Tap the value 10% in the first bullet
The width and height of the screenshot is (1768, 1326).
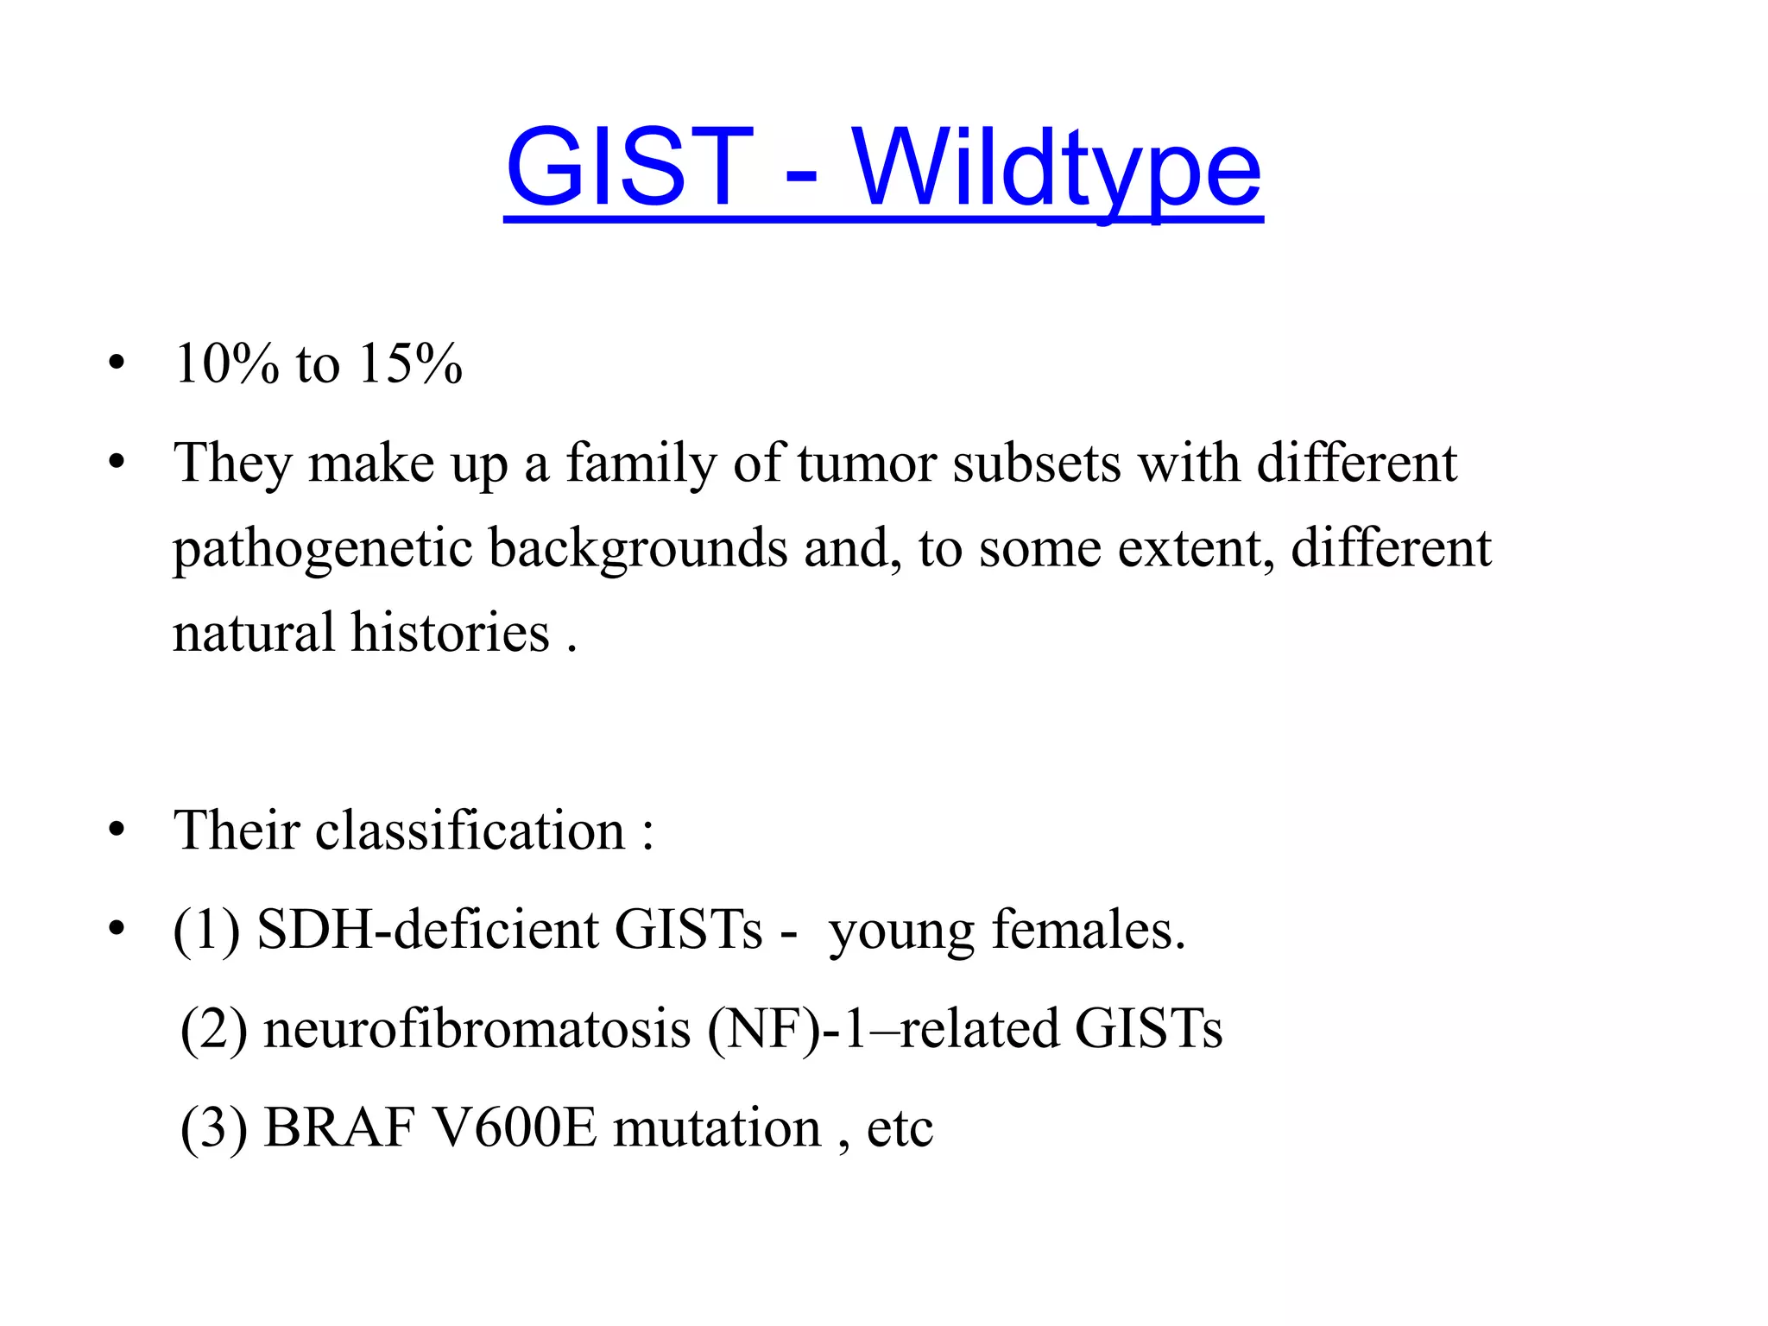227,363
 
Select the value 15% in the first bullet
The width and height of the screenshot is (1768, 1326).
410,363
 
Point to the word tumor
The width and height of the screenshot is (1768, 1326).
867,464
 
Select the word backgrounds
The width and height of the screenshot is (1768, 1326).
638,549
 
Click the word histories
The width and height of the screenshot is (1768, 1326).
450,633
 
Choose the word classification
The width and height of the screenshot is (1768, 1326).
470,830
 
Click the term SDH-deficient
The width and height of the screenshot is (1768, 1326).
427,930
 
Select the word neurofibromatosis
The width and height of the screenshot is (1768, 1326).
477,1029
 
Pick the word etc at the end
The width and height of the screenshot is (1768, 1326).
900,1128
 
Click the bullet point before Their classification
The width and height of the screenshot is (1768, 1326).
117,830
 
